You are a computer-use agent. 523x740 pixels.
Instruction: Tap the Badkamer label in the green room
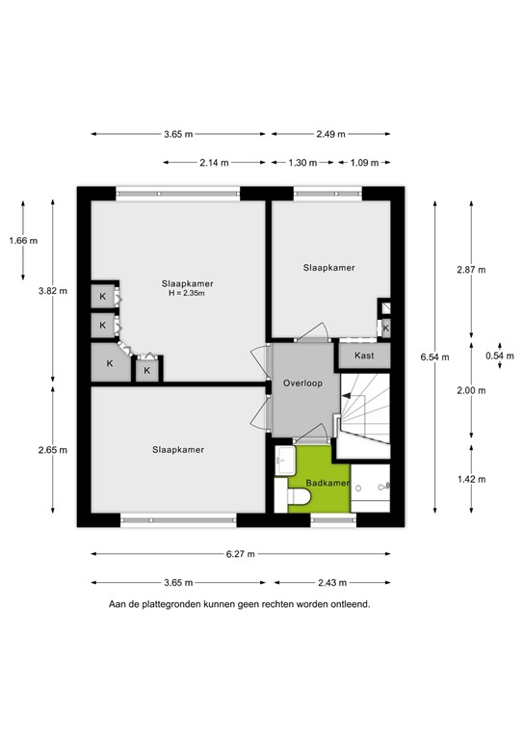(x=327, y=482)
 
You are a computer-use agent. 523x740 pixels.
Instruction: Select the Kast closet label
(x=364, y=356)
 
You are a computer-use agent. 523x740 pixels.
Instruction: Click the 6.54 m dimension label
(x=434, y=357)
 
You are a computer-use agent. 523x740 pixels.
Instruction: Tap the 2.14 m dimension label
(x=214, y=163)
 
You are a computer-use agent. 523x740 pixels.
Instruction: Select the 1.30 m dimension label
(x=302, y=163)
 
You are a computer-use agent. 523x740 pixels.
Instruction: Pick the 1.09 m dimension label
(x=363, y=163)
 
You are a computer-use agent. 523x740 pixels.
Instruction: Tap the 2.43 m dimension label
(x=333, y=582)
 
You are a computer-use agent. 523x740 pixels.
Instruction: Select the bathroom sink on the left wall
(x=284, y=462)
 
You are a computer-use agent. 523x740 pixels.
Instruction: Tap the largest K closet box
(x=110, y=363)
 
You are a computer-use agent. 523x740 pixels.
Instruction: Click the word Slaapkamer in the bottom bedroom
(x=178, y=449)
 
